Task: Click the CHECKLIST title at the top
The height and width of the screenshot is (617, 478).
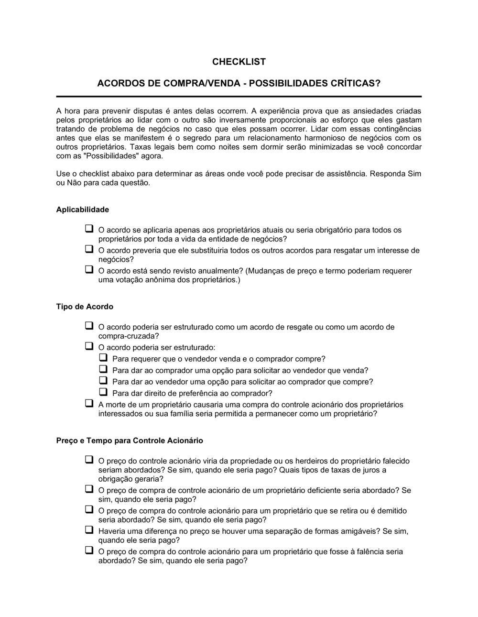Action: click(239, 62)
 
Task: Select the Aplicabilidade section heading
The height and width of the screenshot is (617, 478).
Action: click(83, 209)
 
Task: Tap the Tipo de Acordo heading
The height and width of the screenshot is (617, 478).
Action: click(85, 307)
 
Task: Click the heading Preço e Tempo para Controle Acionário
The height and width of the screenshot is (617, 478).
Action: click(130, 441)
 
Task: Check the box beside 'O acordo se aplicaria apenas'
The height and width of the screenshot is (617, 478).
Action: click(89, 229)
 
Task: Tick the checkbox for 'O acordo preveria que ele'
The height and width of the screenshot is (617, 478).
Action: click(89, 249)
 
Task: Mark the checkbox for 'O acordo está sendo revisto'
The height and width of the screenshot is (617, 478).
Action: click(89, 270)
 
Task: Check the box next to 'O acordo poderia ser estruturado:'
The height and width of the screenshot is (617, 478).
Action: click(89, 346)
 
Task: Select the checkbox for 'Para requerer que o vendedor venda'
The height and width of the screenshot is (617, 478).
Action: click(103, 357)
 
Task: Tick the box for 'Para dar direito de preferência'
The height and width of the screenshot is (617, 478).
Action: click(103, 392)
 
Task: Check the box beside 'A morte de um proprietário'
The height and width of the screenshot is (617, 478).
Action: click(89, 403)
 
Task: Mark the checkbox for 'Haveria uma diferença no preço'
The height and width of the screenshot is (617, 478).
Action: click(89, 530)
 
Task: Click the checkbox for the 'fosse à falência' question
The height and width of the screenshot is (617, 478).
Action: click(89, 551)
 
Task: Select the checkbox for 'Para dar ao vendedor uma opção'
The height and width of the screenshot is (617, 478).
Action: click(103, 380)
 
